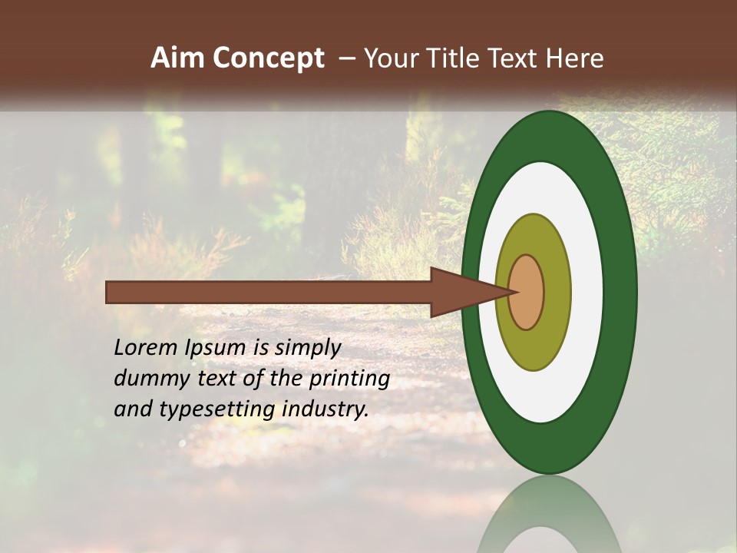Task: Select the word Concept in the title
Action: tap(268, 59)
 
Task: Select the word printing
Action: tap(349, 379)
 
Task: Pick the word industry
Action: tap(326, 409)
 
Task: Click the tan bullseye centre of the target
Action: tap(527, 292)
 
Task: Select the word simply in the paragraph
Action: tap(307, 348)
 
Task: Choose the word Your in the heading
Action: tap(390, 58)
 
